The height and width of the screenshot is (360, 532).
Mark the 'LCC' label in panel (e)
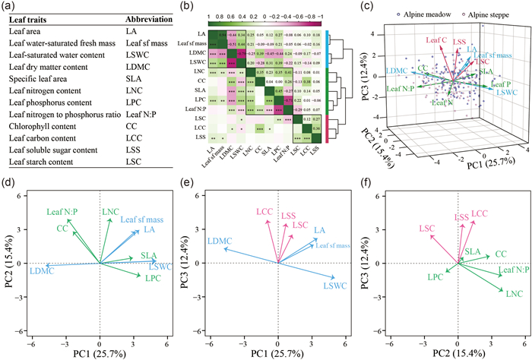[264, 210]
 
